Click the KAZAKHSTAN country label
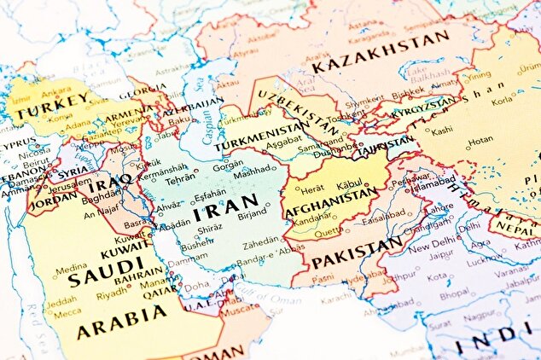pyautogui.click(x=380, y=53)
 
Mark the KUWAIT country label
pyautogui.click(x=124, y=253)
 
